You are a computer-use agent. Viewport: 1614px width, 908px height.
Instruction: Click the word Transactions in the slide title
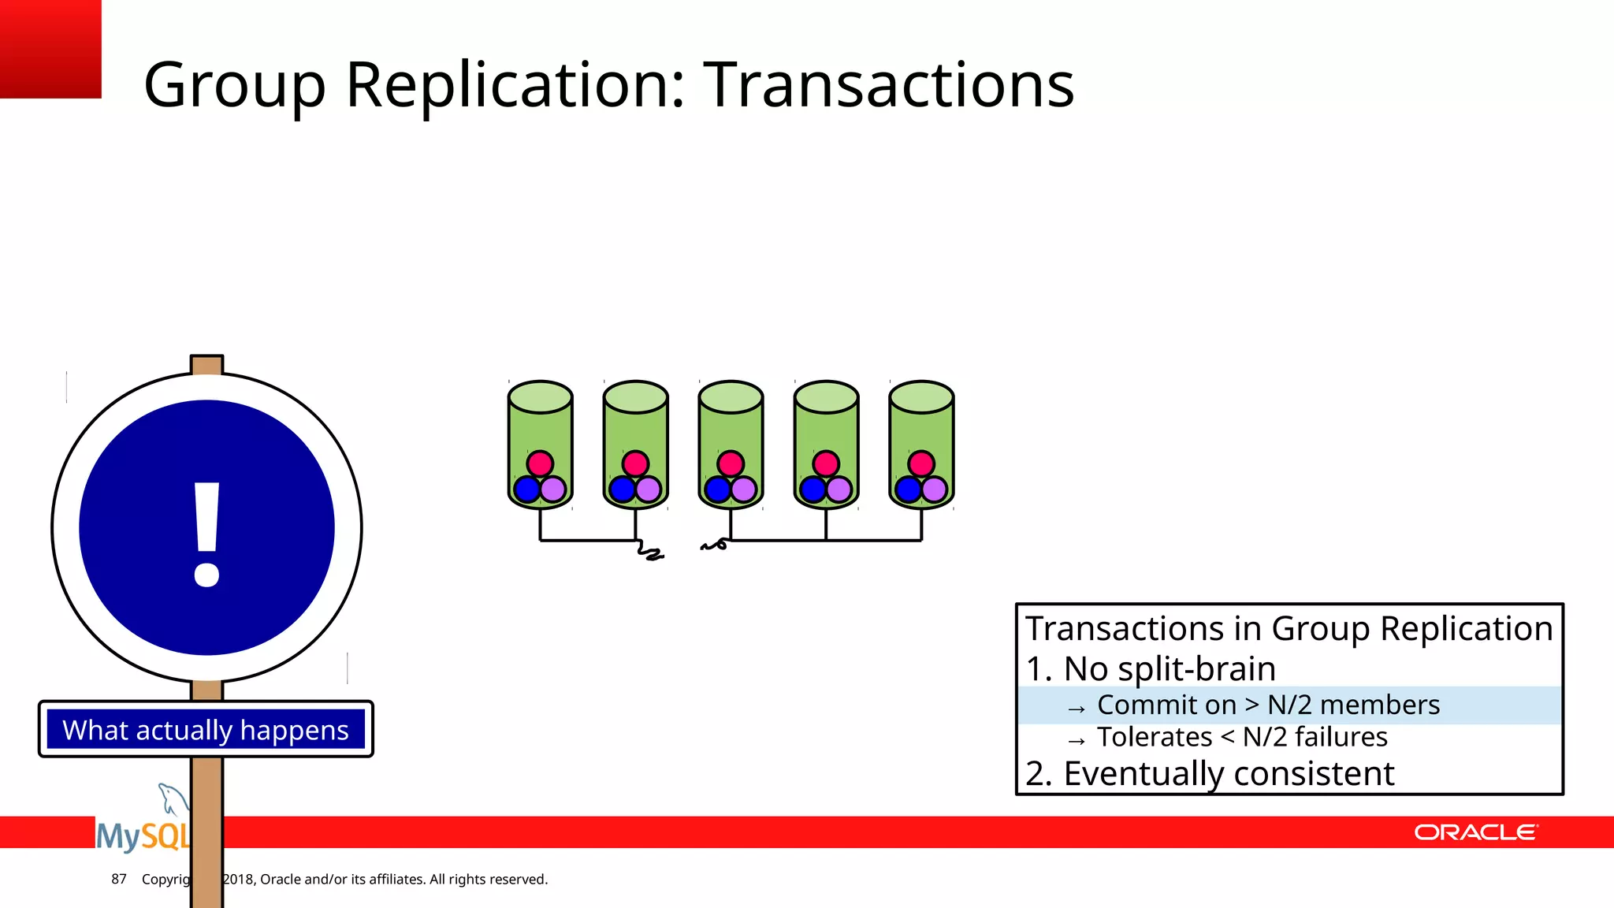[x=888, y=84]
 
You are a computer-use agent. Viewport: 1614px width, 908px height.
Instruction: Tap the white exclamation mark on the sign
[x=206, y=534]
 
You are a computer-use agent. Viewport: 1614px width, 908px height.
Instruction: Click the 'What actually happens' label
[x=206, y=730]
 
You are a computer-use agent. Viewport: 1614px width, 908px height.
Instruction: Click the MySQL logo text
[x=142, y=835]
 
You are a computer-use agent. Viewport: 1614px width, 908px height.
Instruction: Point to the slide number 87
[x=119, y=879]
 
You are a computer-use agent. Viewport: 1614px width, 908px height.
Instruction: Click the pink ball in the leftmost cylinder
[x=540, y=463]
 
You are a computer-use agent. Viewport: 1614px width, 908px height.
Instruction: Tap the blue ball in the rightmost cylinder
[x=909, y=489]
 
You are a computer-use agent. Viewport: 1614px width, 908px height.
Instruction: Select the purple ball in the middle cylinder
[x=743, y=489]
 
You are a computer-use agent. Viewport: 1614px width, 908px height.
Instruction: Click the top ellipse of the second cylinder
[x=635, y=396]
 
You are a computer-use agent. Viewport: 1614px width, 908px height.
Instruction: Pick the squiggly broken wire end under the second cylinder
[x=650, y=553]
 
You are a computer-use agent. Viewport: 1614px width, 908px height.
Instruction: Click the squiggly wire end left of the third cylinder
[x=714, y=545]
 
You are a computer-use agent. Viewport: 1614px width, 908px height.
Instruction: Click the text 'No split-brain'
[x=1169, y=668]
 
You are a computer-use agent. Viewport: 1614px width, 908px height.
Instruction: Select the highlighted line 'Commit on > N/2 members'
[x=1267, y=705]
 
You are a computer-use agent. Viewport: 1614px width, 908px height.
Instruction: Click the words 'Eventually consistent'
[x=1228, y=773]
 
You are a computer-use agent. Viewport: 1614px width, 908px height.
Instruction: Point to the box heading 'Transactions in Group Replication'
[x=1289, y=628]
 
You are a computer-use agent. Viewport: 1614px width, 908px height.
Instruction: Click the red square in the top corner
[x=50, y=48]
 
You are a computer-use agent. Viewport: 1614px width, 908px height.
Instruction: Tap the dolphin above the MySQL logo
[x=171, y=798]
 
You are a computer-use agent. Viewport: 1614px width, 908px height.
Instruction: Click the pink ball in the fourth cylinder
[x=826, y=463]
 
